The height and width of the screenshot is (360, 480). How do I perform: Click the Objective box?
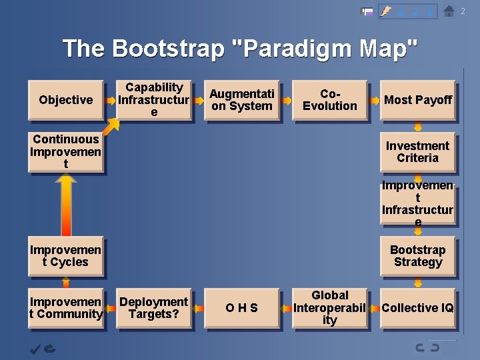(x=66, y=100)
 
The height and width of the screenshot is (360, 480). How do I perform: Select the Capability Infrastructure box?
(x=154, y=100)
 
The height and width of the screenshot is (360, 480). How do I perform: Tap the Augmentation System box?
(x=241, y=100)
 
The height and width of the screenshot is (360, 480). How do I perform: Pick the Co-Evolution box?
(x=330, y=100)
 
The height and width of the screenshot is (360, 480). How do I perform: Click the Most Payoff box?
(x=418, y=100)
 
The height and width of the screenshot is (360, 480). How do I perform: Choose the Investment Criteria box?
(x=418, y=152)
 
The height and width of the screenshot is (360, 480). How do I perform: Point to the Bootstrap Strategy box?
(x=418, y=256)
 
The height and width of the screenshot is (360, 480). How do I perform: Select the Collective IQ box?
(x=418, y=308)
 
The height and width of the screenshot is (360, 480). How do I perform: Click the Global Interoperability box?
(x=330, y=308)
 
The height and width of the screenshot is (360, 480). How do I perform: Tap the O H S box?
(x=241, y=308)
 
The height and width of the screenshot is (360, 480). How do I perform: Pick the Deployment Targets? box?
(x=154, y=308)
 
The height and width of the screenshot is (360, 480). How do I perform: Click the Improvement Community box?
(x=66, y=308)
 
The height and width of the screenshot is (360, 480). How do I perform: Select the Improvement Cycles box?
(x=66, y=256)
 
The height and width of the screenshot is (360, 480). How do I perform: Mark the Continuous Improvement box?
(x=66, y=152)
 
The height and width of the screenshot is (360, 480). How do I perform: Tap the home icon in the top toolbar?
(x=449, y=11)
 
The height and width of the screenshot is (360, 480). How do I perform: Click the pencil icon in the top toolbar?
(x=385, y=11)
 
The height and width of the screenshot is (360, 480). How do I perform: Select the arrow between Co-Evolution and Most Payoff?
(x=374, y=101)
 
